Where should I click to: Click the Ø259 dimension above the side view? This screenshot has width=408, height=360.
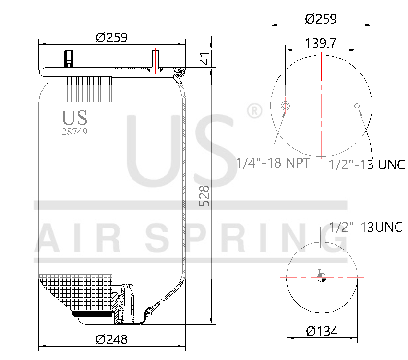pos(111,37)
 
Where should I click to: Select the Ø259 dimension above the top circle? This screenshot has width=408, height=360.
pos(321,19)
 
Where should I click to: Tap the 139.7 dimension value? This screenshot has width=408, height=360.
pos(320,43)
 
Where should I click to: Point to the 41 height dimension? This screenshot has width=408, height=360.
pos(205,60)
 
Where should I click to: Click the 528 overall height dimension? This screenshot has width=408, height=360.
pos(204,196)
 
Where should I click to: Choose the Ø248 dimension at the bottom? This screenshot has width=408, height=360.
pos(111,339)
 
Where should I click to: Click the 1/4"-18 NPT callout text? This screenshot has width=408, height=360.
pos(272,163)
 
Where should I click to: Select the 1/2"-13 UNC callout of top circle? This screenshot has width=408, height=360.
pos(367,165)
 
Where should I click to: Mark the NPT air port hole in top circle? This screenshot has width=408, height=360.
pos(286,106)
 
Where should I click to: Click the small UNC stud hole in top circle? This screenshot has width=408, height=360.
pos(357,106)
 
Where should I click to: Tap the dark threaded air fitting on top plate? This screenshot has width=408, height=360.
pos(68,59)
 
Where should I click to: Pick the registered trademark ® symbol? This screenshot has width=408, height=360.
pos(254,110)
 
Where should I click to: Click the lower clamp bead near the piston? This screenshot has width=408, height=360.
pos(150,312)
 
